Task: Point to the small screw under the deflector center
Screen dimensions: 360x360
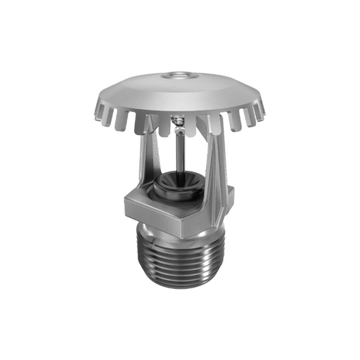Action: click(x=180, y=124)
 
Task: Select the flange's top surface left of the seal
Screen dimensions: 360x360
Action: click(x=141, y=194)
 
